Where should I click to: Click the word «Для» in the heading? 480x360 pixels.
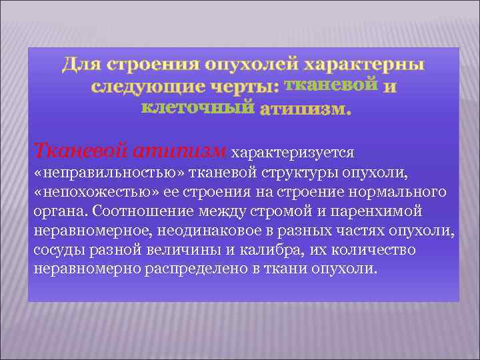[x=81, y=65]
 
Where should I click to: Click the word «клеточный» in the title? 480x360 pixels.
[x=198, y=107]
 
